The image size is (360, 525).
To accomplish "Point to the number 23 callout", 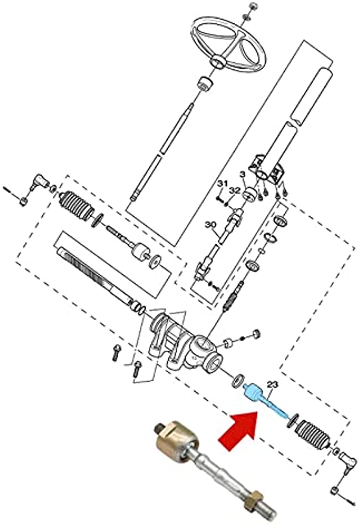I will click(273, 385).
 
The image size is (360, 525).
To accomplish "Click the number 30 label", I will click(209, 225).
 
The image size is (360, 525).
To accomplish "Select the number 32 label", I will click(234, 191).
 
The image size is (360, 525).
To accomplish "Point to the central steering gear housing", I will click(185, 343).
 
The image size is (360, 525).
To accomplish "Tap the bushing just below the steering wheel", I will click(205, 83).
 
